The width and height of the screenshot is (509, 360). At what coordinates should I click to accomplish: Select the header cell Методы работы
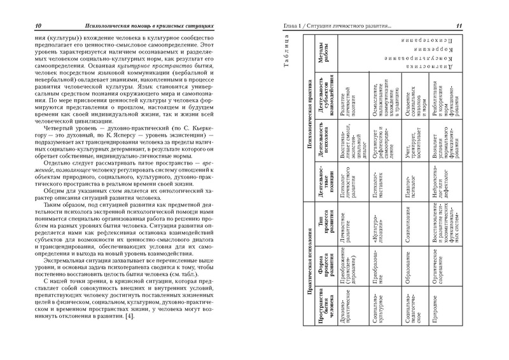(323, 63)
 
